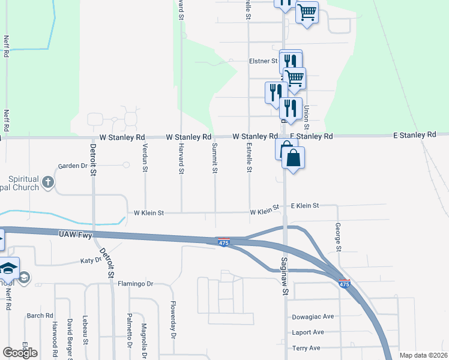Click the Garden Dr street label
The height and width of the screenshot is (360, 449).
[73, 166]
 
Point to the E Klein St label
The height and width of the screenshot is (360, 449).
[304, 206]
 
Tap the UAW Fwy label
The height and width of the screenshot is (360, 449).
[76, 235]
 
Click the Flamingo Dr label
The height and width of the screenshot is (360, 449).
[136, 284]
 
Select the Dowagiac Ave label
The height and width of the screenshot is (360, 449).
[313, 316]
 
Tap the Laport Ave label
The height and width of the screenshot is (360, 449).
[308, 332]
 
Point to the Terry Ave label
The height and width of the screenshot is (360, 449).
[306, 348]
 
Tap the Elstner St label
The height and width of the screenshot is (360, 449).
[263, 61]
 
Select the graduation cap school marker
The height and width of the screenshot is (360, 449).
[8, 268]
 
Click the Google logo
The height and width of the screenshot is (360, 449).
[20, 353]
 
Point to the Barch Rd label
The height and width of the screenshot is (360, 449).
[40, 316]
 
